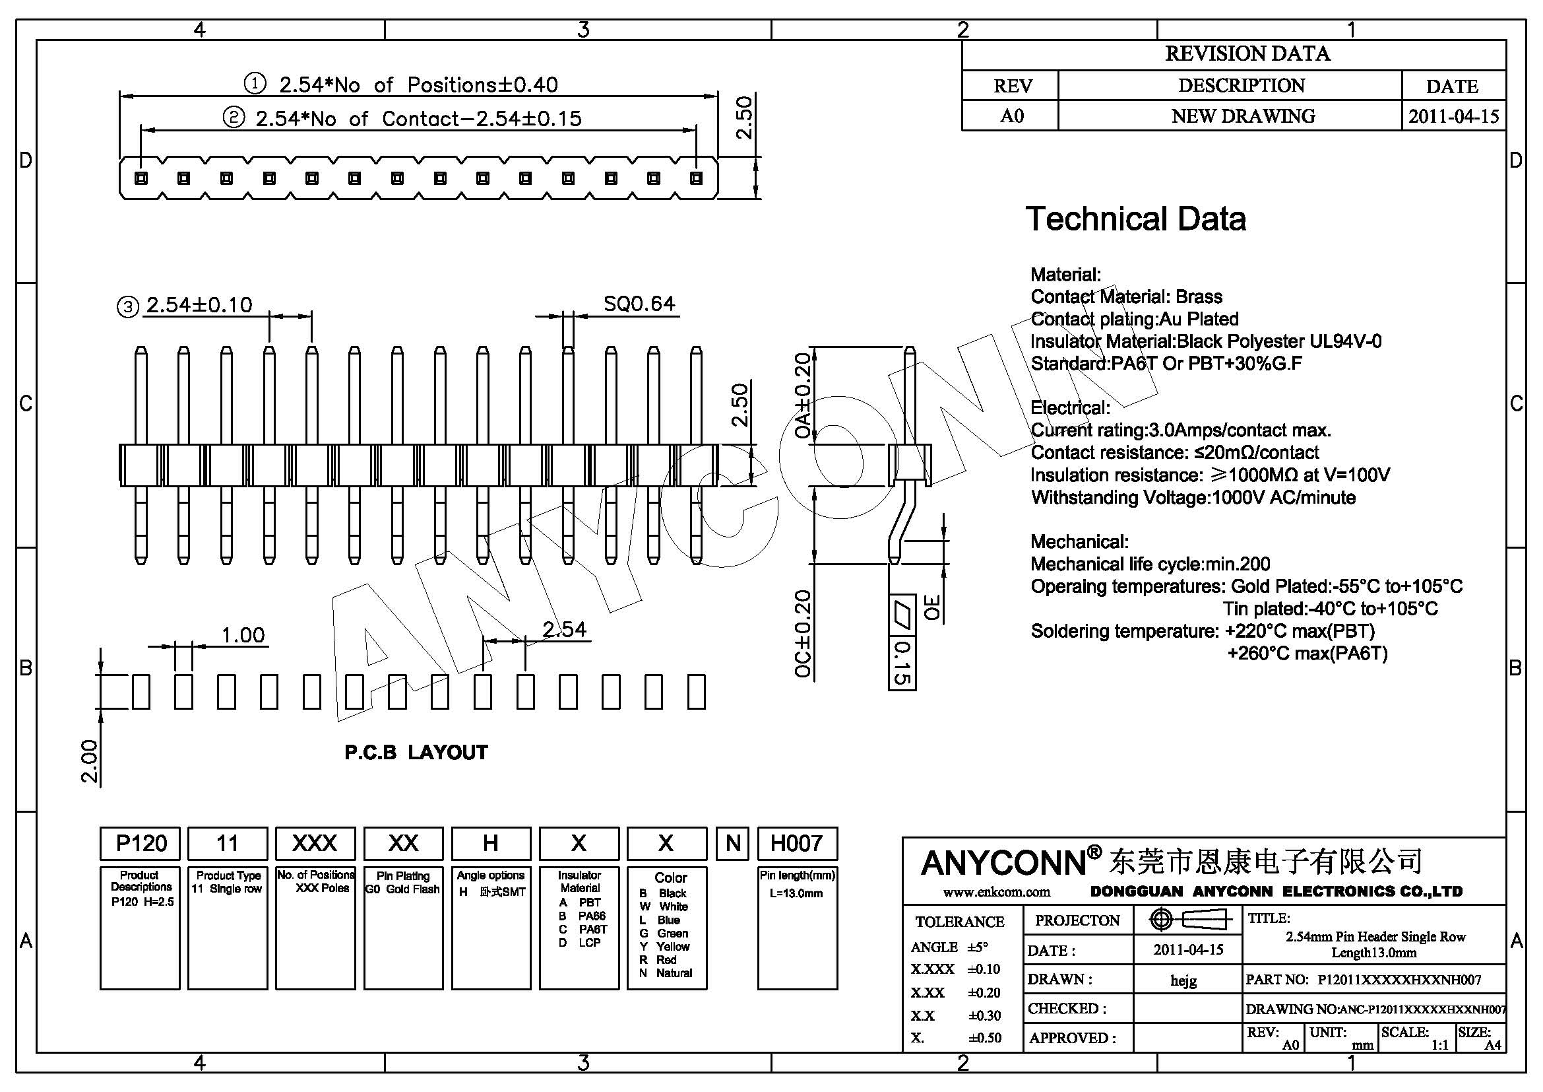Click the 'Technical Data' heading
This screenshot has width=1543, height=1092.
click(x=1135, y=219)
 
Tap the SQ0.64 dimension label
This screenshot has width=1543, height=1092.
click(x=639, y=304)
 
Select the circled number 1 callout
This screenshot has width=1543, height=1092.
click(x=255, y=84)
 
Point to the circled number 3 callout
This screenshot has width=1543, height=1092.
click(x=128, y=306)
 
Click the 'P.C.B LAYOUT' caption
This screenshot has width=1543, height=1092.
click(x=416, y=753)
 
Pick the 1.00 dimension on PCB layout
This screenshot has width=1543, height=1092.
click(x=243, y=634)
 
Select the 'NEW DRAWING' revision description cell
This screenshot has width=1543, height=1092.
click(x=1243, y=116)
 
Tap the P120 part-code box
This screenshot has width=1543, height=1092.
click(x=141, y=843)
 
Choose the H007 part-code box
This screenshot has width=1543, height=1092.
click(x=796, y=843)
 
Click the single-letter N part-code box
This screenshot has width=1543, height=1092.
click(x=732, y=843)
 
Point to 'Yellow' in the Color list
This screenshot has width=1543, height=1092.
click(x=672, y=946)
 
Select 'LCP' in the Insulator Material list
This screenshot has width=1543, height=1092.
click(x=589, y=943)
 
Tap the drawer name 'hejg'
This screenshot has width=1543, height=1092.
click(x=1183, y=980)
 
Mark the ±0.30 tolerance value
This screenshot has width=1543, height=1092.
click(x=984, y=1015)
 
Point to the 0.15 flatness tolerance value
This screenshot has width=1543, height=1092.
click(x=902, y=663)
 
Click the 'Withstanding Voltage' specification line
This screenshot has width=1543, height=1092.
click(x=1193, y=498)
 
